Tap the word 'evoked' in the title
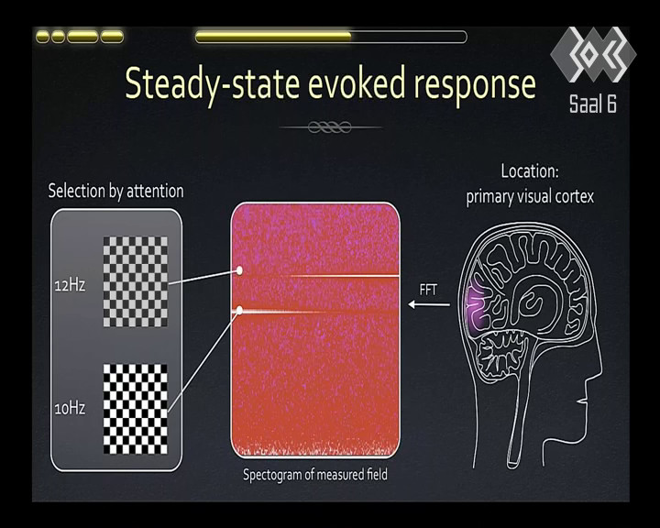(x=357, y=83)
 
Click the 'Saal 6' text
(x=593, y=104)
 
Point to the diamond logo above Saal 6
(x=593, y=54)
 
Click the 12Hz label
(x=70, y=285)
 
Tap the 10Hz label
(x=70, y=409)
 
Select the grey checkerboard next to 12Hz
(x=135, y=281)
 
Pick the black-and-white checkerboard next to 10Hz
(x=135, y=409)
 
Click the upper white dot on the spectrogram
(x=239, y=270)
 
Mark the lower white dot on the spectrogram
(x=239, y=311)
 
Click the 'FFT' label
(x=428, y=290)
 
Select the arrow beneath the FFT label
(x=429, y=304)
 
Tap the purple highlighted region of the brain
(x=477, y=302)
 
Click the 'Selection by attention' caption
(x=115, y=192)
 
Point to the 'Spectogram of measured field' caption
(x=314, y=475)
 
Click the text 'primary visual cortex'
(x=530, y=197)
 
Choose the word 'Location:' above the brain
(x=530, y=171)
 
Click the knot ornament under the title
(x=330, y=126)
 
